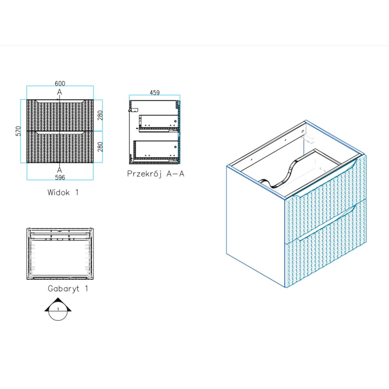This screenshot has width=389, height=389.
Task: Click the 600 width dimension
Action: pos(60,83)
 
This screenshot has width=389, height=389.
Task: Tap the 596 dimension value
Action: pos(60,177)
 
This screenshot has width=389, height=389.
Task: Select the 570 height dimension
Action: pos(18,131)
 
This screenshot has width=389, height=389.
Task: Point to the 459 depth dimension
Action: pos(155,92)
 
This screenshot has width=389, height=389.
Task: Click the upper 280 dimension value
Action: pos(100,115)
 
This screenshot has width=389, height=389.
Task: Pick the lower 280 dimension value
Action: pos(100,147)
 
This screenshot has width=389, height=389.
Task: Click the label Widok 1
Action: pos(63,192)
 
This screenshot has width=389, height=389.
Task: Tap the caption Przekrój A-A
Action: pos(156,174)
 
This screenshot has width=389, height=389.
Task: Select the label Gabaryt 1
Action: pos(68,289)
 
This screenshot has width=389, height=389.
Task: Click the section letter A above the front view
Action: pos(59,92)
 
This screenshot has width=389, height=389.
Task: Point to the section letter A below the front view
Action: pos(59,170)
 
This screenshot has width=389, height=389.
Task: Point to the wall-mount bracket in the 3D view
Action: pos(308,139)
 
